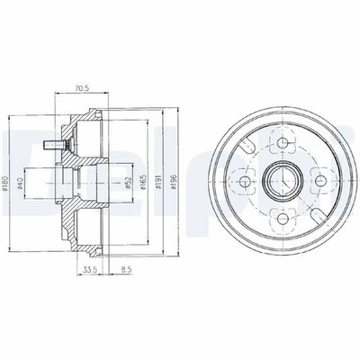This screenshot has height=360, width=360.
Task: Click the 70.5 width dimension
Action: tap(82, 88)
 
